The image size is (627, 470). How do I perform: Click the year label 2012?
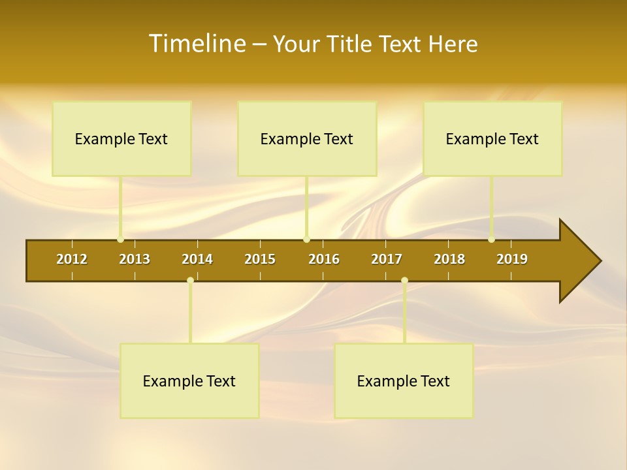click(x=72, y=259)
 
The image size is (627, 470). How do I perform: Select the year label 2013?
click(x=135, y=259)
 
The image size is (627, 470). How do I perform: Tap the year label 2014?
click(x=197, y=259)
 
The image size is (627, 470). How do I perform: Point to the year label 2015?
click(x=260, y=259)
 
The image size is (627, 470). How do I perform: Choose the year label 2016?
click(x=324, y=259)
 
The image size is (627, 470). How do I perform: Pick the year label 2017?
click(x=387, y=259)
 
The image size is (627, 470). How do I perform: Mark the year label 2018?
click(x=449, y=259)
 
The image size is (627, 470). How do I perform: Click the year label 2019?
click(x=512, y=259)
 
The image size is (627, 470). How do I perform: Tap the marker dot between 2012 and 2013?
click(x=121, y=240)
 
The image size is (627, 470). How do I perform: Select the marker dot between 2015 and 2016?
click(x=306, y=240)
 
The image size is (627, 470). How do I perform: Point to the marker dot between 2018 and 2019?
click(x=492, y=240)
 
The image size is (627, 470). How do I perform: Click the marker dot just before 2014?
click(x=190, y=281)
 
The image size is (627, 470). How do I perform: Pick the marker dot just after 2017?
click(x=404, y=281)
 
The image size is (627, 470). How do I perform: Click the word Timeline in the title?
click(x=197, y=44)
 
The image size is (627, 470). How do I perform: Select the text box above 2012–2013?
click(x=121, y=139)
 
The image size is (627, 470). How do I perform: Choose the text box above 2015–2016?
click(x=307, y=139)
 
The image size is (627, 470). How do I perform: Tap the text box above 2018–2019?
click(x=492, y=139)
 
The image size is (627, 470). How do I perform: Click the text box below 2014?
click(x=189, y=381)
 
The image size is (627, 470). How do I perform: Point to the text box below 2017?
click(x=404, y=381)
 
